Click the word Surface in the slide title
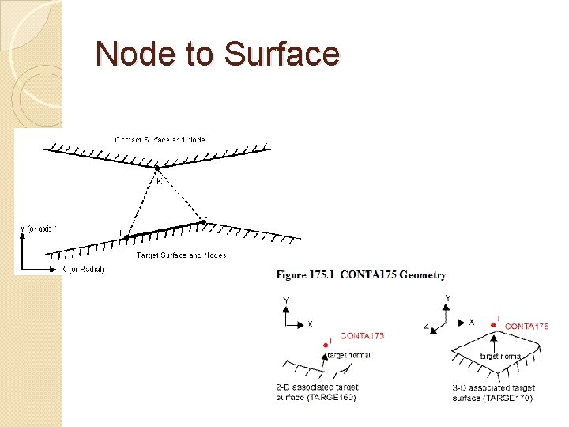tap(281, 54)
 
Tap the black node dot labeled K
tap(157, 168)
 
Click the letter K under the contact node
tap(159, 180)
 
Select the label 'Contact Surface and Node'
tap(160, 140)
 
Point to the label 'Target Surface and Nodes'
tap(182, 255)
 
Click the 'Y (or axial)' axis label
tap(38, 229)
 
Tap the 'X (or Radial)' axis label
tap(82, 269)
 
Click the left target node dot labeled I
tap(126, 236)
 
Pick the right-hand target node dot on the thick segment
tap(202, 222)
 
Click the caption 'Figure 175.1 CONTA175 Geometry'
tap(361, 275)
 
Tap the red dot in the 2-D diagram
tap(326, 346)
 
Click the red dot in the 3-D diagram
tap(494, 324)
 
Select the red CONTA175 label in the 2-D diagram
tap(362, 336)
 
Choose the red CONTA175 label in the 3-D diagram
tap(526, 326)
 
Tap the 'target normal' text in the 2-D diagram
tap(349, 355)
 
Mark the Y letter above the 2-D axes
tap(287, 300)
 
